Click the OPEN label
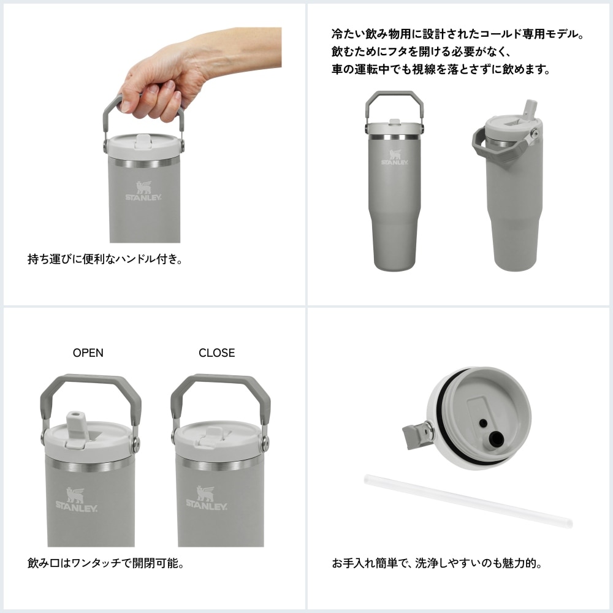pos(88,352)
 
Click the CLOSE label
pos(216,352)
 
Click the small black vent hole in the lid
pos(483,422)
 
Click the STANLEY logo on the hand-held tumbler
pos(144,191)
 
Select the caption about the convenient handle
pos(105,259)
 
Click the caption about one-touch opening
pos(106,562)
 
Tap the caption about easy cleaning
pos(436,562)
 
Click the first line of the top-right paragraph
pos(457,34)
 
